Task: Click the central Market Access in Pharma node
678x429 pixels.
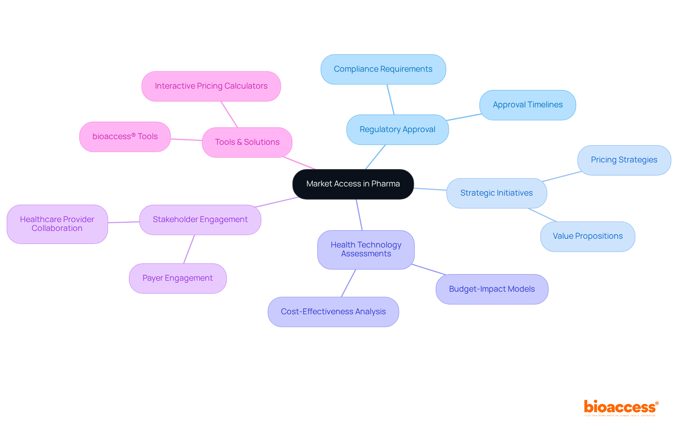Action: click(x=353, y=184)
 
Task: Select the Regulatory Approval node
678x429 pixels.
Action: click(x=397, y=130)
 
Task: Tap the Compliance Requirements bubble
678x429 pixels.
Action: click(x=383, y=69)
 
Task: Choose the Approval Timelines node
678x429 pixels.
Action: click(x=528, y=105)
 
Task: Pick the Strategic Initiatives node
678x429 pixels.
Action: click(x=496, y=193)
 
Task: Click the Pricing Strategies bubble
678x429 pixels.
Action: click(x=624, y=160)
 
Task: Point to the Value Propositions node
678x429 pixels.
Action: click(x=587, y=236)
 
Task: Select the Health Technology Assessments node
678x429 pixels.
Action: click(x=366, y=249)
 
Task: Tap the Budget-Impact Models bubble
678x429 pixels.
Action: click(x=492, y=289)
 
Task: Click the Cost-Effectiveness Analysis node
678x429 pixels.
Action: click(x=333, y=312)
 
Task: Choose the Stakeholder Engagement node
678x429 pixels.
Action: click(x=200, y=220)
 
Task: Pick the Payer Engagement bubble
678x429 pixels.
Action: click(x=177, y=278)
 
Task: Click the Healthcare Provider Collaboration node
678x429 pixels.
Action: click(x=57, y=224)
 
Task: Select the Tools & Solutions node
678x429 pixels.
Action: click(x=247, y=142)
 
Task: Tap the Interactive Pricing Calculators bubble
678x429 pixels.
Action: click(x=211, y=86)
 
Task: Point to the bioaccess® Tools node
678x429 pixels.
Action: click(x=125, y=137)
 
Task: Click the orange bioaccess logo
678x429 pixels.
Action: click(x=620, y=407)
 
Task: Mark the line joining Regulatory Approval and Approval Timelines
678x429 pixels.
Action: click(x=464, y=117)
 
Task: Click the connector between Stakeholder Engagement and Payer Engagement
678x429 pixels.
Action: click(x=189, y=249)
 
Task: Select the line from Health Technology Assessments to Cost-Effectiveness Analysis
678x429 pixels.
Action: click(x=349, y=283)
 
